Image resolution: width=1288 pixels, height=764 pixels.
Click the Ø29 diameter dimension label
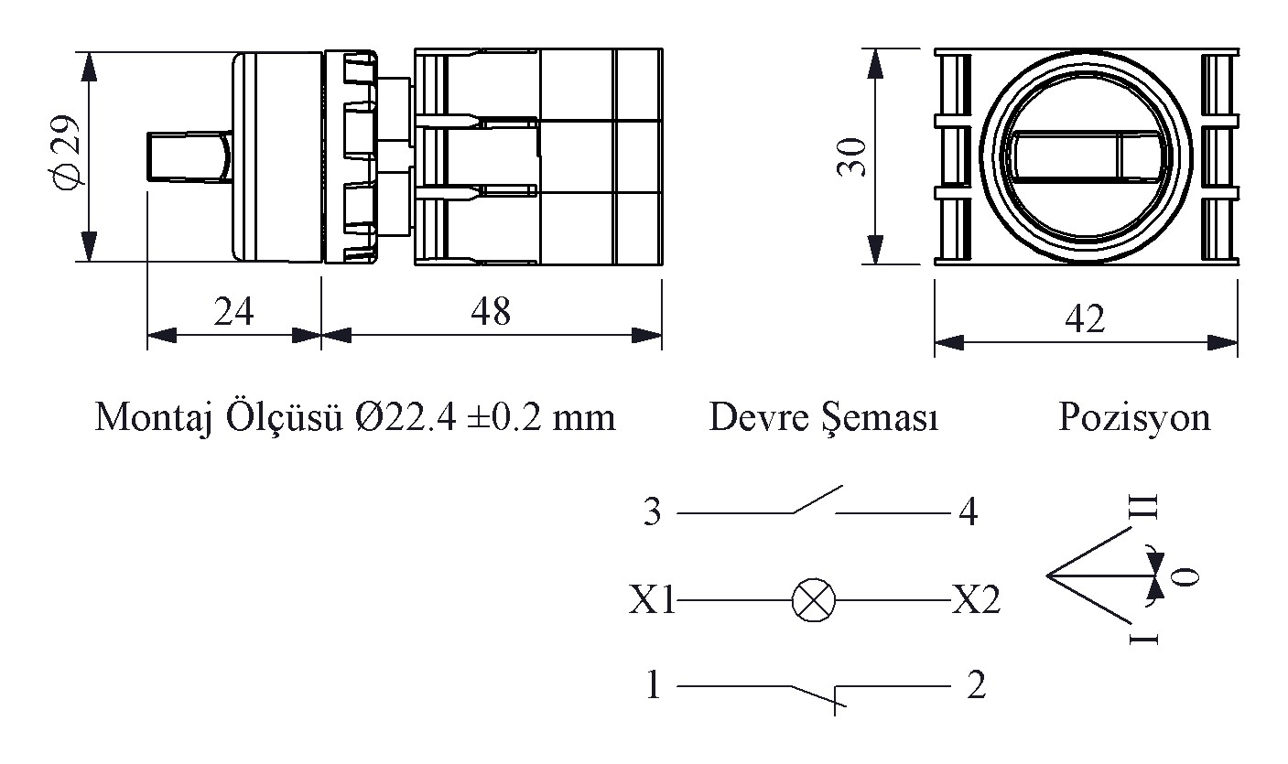64,151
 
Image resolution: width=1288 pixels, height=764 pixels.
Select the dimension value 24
233,311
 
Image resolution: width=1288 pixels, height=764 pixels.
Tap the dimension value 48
491,311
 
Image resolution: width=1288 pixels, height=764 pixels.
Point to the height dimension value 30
851,157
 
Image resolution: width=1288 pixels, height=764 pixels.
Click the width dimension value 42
1085,318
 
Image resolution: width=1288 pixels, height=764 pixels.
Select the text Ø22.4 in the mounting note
406,417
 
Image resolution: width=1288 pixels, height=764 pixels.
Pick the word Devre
758,417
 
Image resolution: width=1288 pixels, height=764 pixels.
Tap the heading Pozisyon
1134,418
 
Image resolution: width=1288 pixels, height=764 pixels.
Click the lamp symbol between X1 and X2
814,600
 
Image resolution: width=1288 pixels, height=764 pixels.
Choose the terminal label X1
652,599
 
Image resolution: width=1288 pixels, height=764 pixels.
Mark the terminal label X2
977,599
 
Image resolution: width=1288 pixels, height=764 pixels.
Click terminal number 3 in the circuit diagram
652,511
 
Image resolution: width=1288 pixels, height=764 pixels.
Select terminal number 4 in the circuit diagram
969,511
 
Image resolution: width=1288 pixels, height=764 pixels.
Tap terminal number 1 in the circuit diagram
653,684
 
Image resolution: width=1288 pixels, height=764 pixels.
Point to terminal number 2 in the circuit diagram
977,684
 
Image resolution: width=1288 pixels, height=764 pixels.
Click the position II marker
1143,508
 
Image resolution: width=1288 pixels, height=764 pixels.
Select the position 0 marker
1185,576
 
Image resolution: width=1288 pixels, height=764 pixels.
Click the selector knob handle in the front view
1086,156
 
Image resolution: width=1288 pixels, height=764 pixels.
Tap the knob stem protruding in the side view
189,156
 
